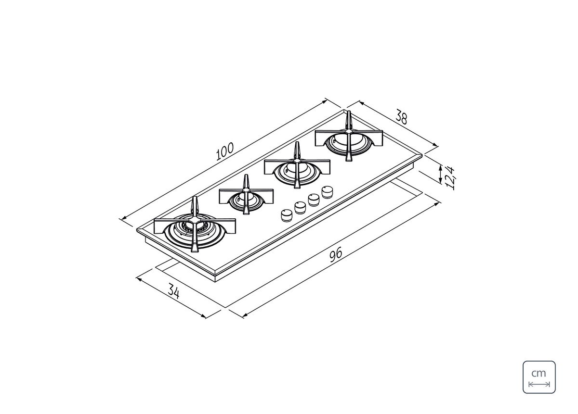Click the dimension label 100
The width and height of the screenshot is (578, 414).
(x=225, y=151)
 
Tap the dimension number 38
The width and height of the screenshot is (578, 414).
(x=402, y=117)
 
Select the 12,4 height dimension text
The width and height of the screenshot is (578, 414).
(x=450, y=178)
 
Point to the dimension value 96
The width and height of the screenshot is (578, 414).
(x=336, y=254)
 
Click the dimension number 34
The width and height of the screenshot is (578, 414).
(x=174, y=291)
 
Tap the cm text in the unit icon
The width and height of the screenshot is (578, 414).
(x=539, y=373)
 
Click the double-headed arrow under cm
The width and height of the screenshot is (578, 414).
(x=539, y=385)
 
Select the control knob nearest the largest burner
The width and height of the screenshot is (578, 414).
(x=287, y=215)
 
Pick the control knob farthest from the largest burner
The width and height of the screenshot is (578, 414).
(x=327, y=192)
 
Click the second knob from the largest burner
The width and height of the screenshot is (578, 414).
(x=300, y=207)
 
